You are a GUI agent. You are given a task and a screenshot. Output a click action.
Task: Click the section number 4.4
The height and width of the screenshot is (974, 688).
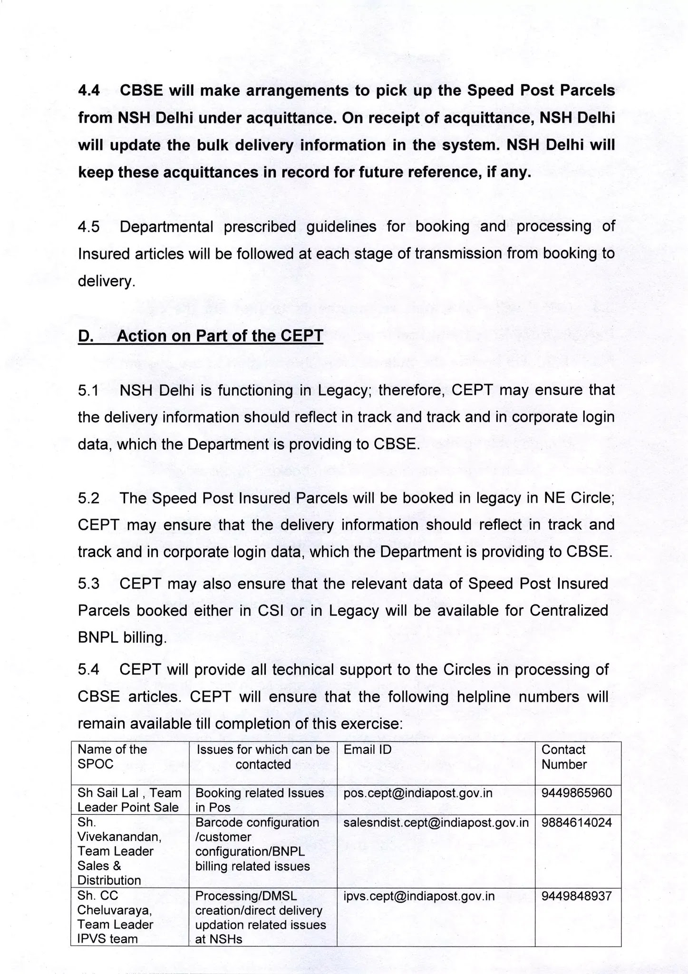(x=89, y=90)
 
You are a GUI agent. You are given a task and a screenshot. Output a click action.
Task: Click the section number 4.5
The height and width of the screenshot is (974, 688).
(x=89, y=226)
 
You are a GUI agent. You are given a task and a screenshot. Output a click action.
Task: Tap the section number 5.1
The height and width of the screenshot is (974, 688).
(x=89, y=390)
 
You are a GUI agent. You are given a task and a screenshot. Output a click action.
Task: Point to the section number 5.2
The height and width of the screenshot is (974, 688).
(x=89, y=498)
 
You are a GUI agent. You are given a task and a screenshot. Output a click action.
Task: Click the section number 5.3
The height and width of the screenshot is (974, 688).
(x=89, y=584)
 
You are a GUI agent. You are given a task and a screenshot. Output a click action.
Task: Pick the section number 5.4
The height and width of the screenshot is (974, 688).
(x=89, y=670)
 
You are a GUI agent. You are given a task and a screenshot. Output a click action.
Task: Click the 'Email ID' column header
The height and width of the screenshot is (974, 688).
(x=368, y=750)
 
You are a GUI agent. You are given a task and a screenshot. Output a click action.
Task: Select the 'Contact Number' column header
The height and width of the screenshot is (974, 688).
(x=564, y=757)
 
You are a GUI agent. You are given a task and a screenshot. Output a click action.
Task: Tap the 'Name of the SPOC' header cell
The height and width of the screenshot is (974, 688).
(x=112, y=757)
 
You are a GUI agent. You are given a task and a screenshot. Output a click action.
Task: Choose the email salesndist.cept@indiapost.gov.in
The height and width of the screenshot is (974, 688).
(x=436, y=822)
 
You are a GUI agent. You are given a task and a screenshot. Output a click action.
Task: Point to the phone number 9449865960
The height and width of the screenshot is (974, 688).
(x=576, y=793)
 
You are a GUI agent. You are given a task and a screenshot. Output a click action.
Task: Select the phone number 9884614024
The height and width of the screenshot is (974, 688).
(x=576, y=822)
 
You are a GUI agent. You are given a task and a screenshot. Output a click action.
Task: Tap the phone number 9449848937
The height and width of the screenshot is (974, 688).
(x=576, y=896)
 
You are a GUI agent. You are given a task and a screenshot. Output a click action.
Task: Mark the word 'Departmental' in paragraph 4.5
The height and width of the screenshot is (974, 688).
(x=166, y=226)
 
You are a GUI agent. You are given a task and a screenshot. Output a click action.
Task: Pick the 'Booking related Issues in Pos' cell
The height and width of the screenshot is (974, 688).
(x=260, y=800)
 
